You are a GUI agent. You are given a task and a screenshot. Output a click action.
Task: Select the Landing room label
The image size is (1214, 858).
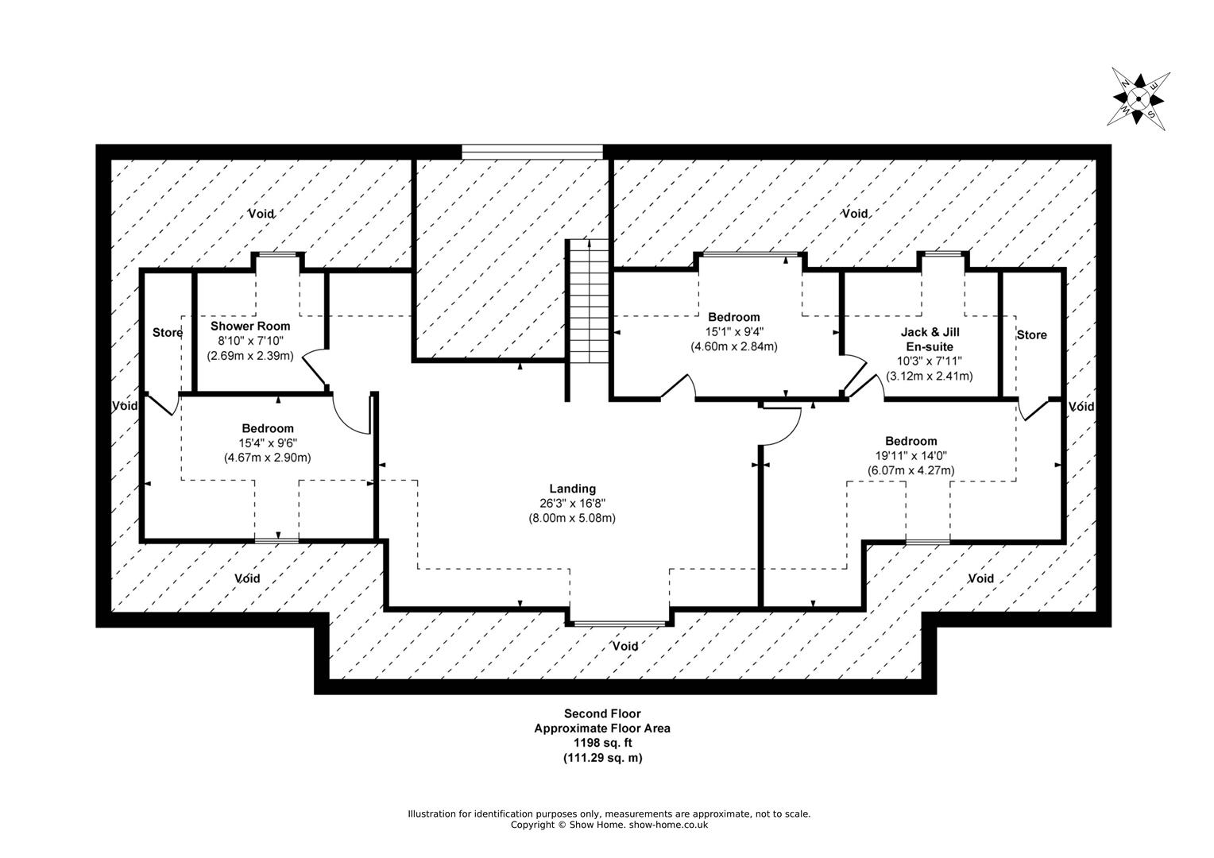tap(572, 489)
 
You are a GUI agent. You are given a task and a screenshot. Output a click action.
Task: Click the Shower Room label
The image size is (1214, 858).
tap(250, 326)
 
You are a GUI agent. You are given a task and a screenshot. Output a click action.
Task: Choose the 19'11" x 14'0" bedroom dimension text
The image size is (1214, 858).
tap(910, 456)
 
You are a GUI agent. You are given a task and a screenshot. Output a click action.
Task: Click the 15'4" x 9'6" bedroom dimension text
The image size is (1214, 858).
tap(268, 443)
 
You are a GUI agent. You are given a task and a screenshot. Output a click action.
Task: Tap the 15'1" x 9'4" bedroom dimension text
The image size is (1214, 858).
tap(734, 331)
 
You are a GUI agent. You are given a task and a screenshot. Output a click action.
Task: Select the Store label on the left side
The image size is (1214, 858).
tap(167, 333)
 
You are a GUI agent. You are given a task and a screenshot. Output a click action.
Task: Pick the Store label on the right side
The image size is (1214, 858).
tap(1031, 335)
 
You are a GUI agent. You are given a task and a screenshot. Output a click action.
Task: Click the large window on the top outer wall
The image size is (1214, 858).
tap(532, 151)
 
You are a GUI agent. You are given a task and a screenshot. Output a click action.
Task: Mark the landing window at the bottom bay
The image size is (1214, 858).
tap(619, 624)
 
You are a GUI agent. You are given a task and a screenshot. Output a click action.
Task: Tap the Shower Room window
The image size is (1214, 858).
tap(278, 254)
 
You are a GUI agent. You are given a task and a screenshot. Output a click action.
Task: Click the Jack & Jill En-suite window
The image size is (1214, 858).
tap(943, 254)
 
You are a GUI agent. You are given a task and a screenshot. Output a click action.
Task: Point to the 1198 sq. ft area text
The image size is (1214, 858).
tap(601, 743)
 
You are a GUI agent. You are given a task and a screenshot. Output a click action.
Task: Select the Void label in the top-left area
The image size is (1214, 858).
tap(261, 214)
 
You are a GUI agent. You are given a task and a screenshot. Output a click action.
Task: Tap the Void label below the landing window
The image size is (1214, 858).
tap(624, 646)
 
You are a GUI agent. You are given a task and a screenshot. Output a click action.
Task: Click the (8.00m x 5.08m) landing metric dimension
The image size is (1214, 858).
tap(572, 518)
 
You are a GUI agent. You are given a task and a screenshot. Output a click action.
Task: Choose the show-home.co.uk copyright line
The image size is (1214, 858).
tap(609, 825)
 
